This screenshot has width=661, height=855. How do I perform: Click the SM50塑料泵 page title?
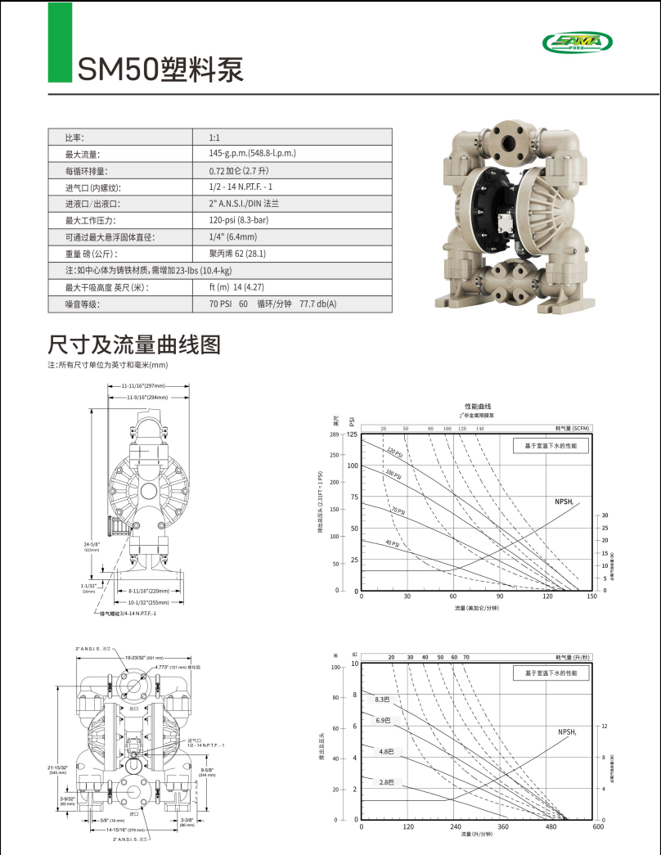[x=160, y=69]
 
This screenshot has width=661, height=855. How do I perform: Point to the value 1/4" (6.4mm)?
[x=232, y=237]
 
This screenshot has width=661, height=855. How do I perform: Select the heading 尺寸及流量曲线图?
[x=134, y=344]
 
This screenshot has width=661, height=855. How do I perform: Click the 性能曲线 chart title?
[x=477, y=407]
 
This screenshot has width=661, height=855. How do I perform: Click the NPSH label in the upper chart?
[x=564, y=501]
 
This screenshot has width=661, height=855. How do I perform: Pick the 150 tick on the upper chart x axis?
[x=591, y=596]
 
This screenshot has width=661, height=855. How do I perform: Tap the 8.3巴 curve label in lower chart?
[x=383, y=700]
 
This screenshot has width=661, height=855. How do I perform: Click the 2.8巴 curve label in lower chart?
[x=384, y=782]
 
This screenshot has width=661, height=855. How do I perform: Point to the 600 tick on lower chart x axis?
[x=597, y=826]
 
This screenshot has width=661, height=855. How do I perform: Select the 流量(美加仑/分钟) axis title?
[x=476, y=608]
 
